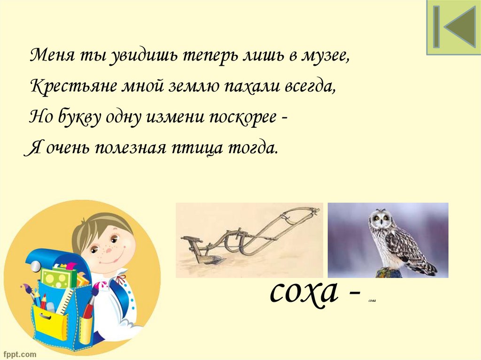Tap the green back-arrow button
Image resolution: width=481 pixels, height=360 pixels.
(453, 27)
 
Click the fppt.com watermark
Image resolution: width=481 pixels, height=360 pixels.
(18, 353)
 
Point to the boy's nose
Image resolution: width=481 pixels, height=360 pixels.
(109, 251)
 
